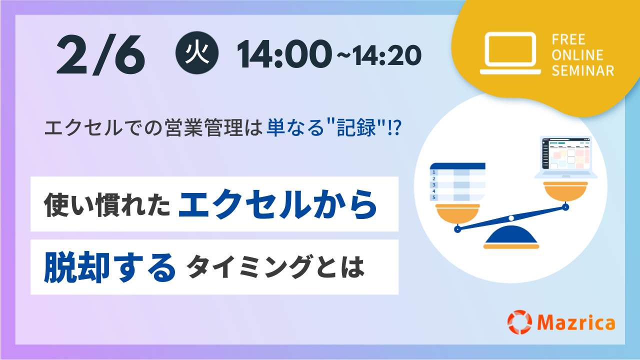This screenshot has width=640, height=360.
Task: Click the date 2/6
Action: point(100,55)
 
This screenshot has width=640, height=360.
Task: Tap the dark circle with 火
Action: point(197,53)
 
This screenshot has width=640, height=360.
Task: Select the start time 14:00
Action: point(284,54)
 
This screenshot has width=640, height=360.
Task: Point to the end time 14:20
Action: point(386,55)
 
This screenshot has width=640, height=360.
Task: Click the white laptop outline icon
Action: point(510,53)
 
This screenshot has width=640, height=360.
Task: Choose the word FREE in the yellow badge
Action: point(568,39)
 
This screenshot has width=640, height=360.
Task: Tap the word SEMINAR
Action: point(583,70)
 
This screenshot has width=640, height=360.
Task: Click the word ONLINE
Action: point(577,55)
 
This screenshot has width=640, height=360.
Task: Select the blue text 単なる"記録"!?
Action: point(334,127)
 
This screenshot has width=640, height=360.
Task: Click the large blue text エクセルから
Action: point(278,204)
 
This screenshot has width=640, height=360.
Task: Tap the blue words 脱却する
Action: point(109,267)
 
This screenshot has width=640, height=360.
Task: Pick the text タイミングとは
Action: point(275,267)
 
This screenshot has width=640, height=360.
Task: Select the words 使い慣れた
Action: point(107,205)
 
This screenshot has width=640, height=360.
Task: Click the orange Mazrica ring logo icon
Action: point(519,322)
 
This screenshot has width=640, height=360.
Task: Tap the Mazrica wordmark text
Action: point(576,322)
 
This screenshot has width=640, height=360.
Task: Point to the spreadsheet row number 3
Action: point(433,185)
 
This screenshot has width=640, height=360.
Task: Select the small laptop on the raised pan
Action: point(566,157)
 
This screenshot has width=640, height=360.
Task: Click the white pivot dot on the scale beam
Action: point(511,218)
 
